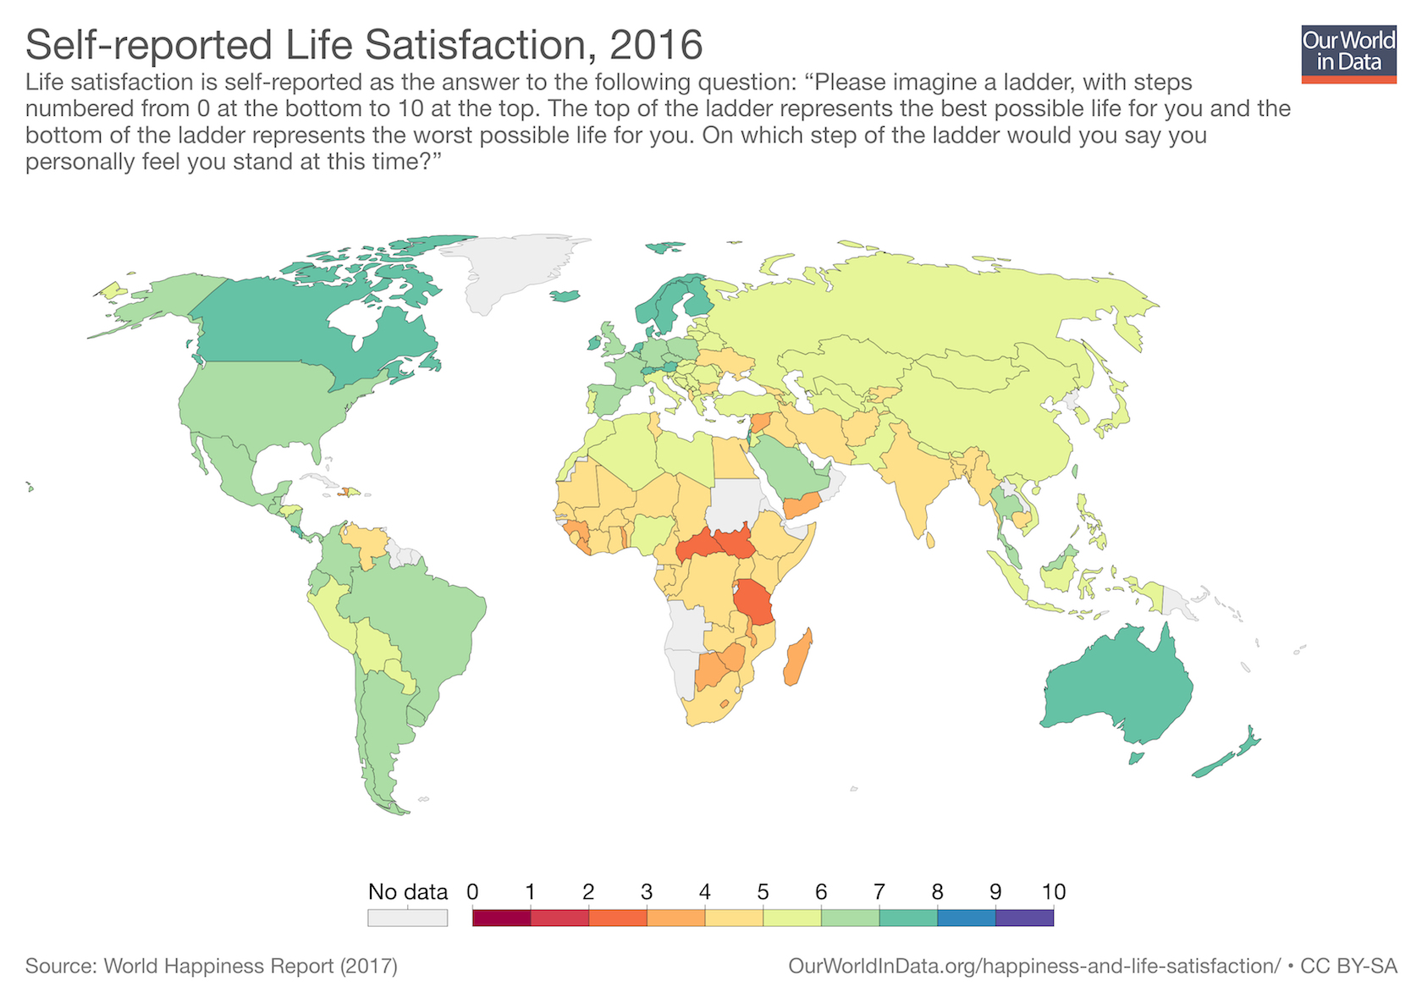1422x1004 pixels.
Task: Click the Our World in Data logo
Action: click(1348, 53)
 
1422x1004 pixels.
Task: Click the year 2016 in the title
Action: click(656, 45)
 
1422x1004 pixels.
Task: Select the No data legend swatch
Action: click(407, 918)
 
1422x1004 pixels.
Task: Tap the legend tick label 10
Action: click(1053, 891)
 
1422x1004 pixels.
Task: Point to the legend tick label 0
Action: click(472, 891)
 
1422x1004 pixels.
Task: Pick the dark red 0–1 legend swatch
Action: click(501, 918)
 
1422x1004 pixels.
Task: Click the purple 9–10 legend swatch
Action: click(1024, 918)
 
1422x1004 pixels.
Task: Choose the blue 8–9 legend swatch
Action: click(966, 918)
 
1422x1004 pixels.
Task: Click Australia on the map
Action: click(1117, 686)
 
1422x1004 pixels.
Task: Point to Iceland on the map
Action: click(565, 296)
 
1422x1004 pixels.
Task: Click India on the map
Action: click(918, 483)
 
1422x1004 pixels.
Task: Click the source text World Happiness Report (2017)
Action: click(250, 966)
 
